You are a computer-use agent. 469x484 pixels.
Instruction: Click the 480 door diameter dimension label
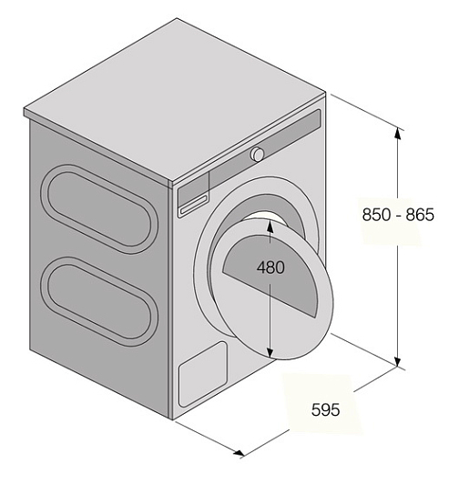pos(270,267)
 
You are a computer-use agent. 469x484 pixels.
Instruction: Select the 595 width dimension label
pos(325,410)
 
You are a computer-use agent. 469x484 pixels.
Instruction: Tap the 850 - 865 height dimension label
pos(398,215)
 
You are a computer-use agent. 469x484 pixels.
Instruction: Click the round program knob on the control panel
pos(257,154)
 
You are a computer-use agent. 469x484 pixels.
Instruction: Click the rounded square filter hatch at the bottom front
pos(203,374)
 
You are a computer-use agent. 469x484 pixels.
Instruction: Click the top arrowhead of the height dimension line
pos(398,134)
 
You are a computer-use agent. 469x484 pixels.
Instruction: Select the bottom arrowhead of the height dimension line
pos(398,360)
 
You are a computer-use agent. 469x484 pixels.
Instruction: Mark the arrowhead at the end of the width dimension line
pos(239,453)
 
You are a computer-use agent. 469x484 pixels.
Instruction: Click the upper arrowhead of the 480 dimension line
pos(270,226)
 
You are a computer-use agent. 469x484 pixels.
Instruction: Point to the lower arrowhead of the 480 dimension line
pos(270,352)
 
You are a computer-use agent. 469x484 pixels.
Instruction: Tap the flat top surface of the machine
pos(175,99)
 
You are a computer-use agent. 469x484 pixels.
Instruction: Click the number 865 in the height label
pos(420,215)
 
